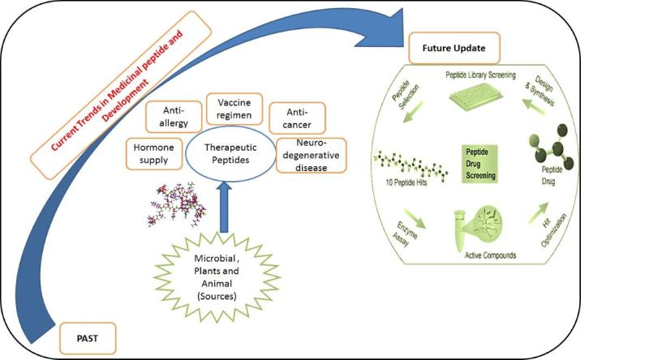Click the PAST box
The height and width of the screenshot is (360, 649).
88,338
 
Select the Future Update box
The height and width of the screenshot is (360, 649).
454,48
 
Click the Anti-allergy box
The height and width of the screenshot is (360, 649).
174,117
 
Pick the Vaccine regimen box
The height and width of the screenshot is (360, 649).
234,109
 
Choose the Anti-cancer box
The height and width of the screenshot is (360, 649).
297,118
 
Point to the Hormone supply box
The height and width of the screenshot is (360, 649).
154,154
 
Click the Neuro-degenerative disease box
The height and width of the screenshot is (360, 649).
311,155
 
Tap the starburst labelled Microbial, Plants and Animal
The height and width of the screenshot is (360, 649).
217,277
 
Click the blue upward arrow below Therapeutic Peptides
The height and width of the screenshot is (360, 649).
224,207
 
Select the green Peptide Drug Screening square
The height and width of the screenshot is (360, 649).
479,164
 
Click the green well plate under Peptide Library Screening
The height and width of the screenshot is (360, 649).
476,96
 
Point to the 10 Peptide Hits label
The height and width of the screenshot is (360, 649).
406,182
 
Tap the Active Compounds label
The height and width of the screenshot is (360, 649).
490,255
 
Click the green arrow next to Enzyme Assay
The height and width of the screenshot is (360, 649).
415,219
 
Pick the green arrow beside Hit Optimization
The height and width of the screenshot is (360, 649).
539,212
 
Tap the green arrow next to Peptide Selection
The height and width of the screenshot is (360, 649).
413,112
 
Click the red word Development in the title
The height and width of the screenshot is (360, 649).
126,101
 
